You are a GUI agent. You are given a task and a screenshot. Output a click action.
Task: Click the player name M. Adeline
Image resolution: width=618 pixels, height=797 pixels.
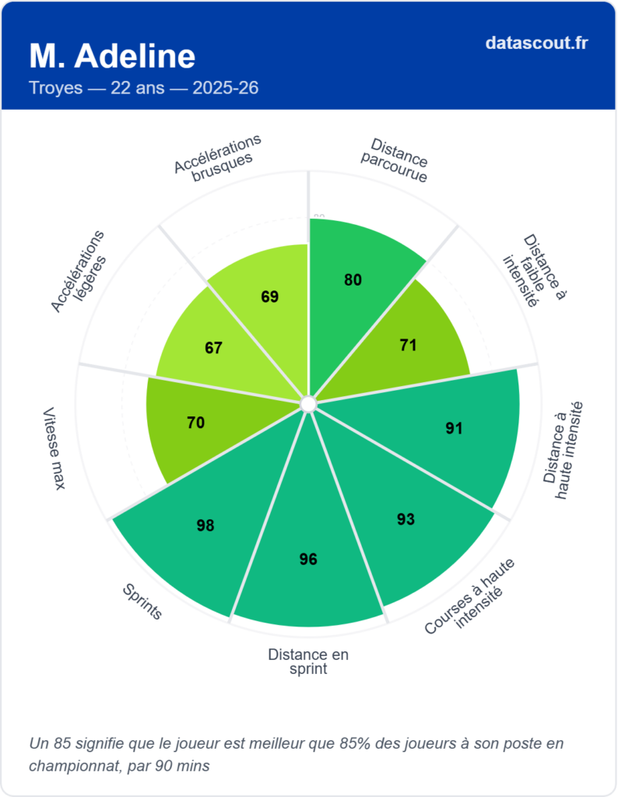(112, 56)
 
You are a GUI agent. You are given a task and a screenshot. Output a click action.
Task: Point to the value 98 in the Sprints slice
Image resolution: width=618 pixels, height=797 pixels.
(205, 525)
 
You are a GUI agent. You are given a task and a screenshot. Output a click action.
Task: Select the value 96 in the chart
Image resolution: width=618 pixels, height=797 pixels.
(308, 559)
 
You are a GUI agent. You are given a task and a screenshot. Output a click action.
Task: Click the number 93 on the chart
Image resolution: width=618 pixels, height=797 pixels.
(406, 519)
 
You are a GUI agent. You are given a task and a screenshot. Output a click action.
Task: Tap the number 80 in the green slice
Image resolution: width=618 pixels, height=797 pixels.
(353, 280)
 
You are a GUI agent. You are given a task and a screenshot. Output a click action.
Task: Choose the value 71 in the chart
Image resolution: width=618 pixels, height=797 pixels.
(408, 346)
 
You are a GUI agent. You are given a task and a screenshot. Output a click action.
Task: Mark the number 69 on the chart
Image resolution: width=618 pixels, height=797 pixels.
(270, 297)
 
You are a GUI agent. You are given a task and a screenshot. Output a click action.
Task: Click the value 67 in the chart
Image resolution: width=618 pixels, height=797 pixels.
(214, 348)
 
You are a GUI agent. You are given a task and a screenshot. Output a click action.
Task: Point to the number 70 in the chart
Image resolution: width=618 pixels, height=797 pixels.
(195, 423)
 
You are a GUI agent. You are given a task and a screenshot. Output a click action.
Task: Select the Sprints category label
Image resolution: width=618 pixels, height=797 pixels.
(142, 602)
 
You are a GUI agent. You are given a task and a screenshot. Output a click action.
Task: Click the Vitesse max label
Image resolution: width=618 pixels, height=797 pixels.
(54, 448)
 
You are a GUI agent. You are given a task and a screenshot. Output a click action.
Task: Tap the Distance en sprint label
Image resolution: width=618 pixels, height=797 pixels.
(308, 662)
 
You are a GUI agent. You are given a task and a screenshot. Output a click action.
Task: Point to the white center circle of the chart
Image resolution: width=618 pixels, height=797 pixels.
(308, 404)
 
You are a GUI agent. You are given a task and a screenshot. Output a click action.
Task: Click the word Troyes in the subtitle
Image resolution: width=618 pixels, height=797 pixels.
(55, 88)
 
